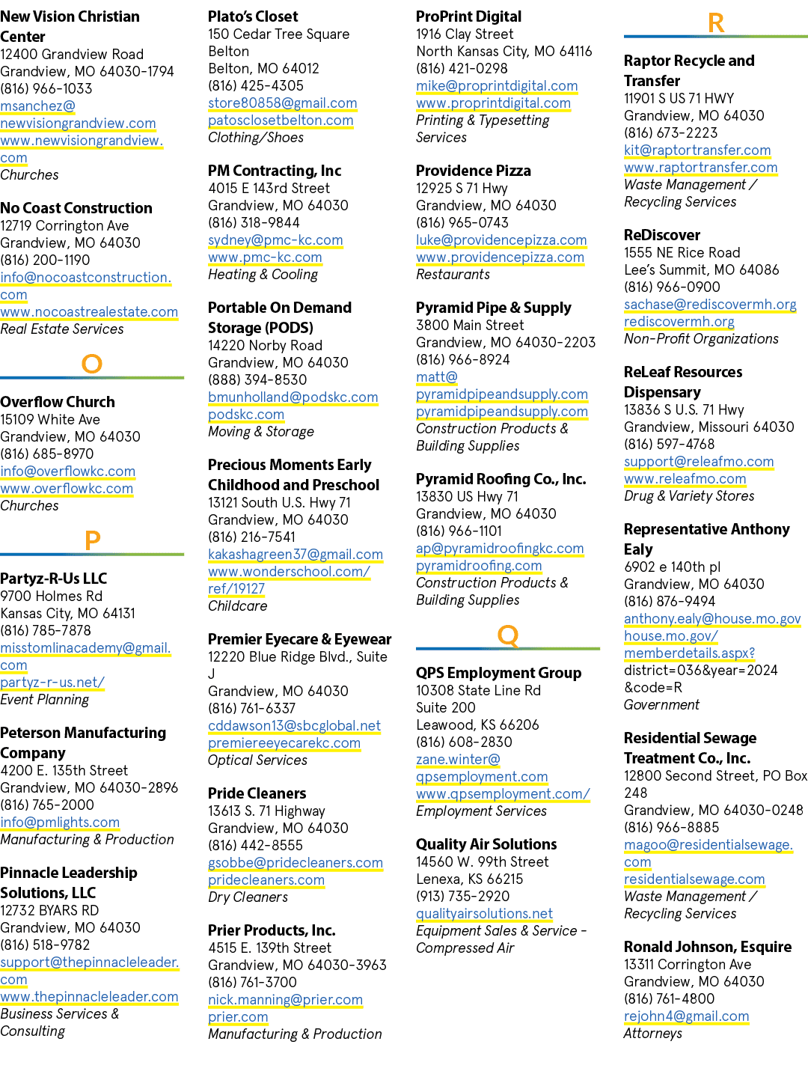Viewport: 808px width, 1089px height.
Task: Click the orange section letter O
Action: pyautogui.click(x=92, y=364)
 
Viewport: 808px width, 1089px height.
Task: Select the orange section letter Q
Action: pyautogui.click(x=507, y=636)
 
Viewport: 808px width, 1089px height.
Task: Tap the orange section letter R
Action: pyautogui.click(x=716, y=23)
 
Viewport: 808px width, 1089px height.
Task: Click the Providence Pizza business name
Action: pyautogui.click(x=474, y=171)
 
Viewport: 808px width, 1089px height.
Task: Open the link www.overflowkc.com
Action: pyautogui.click(x=67, y=489)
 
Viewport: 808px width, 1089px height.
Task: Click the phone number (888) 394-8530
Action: pyautogui.click(x=257, y=379)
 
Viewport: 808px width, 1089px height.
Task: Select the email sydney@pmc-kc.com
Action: pyautogui.click(x=275, y=240)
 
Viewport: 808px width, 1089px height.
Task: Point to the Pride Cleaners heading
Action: pyautogui.click(x=257, y=793)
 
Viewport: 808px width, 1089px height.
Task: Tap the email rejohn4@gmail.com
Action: pyautogui.click(x=686, y=1016)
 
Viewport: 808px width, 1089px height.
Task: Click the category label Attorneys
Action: pyautogui.click(x=652, y=1034)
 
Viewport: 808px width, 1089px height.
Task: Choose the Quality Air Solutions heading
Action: pyautogui.click(x=486, y=844)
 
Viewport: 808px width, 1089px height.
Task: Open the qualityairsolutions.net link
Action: pyautogui.click(x=484, y=913)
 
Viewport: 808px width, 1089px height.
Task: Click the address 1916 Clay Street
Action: pyautogui.click(x=465, y=34)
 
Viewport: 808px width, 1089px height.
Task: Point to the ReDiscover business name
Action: pyautogui.click(x=661, y=235)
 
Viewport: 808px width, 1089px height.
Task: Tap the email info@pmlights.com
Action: pyautogui.click(x=60, y=822)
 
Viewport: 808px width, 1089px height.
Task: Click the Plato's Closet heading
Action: pyautogui.click(x=253, y=16)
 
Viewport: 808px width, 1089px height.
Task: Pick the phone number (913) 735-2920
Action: pyautogui.click(x=462, y=896)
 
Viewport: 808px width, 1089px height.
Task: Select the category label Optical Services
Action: pyautogui.click(x=257, y=760)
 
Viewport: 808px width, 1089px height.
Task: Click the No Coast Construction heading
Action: pyautogui.click(x=76, y=208)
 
